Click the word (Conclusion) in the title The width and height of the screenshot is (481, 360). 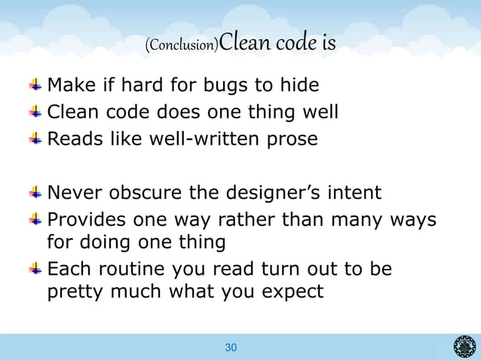click(182, 46)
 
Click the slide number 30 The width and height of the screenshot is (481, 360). click(231, 347)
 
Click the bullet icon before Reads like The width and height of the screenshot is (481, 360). click(36, 139)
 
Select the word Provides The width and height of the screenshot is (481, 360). click(89, 221)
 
